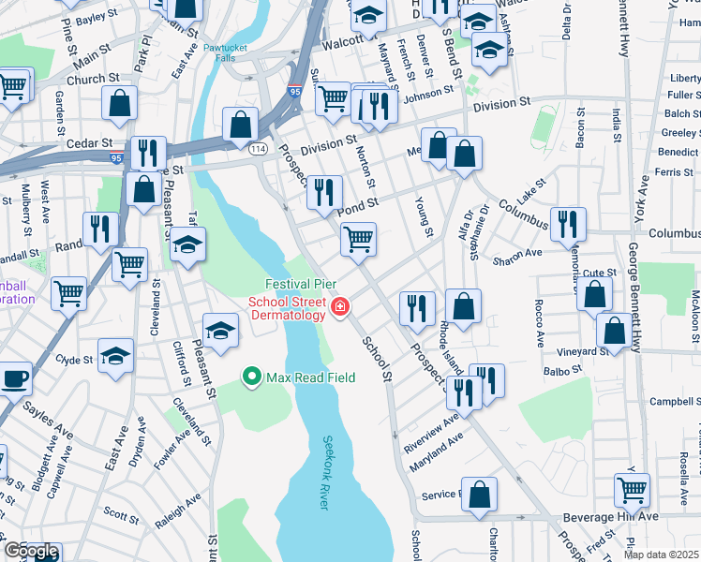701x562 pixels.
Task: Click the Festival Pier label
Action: click(301, 284)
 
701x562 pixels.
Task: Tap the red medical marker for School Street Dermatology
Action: click(339, 305)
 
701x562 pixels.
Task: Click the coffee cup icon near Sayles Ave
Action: click(14, 378)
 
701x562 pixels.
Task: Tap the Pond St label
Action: click(358, 202)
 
